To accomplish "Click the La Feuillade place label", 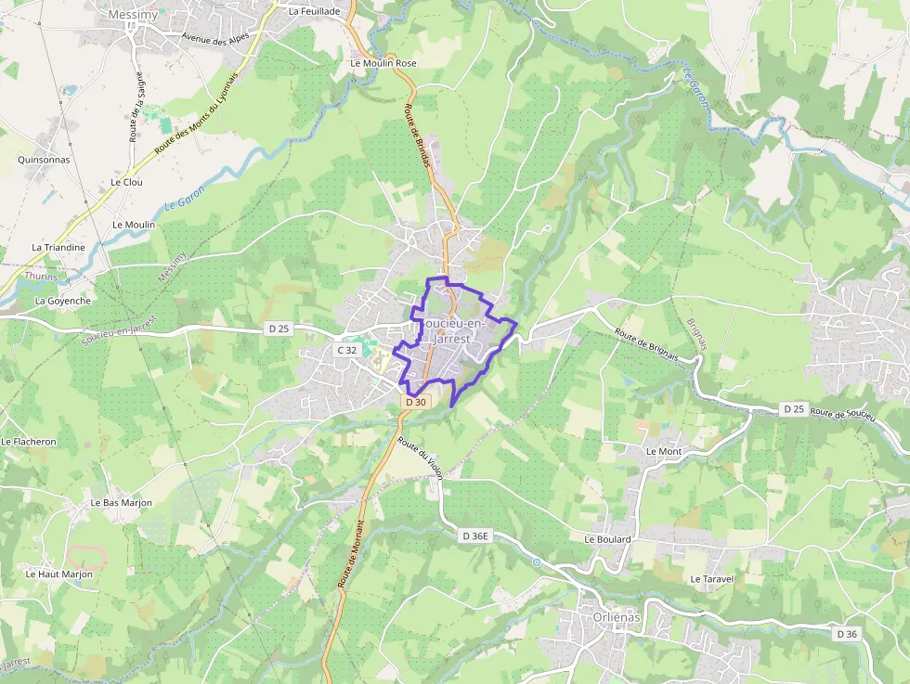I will coord(314,11).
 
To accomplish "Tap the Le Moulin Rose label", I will coord(383,63).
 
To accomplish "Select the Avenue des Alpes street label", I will coord(215,38).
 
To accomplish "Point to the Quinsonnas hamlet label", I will coord(44,159).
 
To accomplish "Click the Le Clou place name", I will coord(126,182).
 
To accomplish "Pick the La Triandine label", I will coord(58,248).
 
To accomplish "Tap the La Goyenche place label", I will coord(63,301).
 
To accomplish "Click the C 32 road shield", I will coord(346,350).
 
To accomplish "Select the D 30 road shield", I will coord(416,402).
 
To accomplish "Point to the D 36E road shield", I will coord(474,536).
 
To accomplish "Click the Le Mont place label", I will coord(663,451).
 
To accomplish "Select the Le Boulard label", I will coord(608,539).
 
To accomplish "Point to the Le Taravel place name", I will coord(712,578).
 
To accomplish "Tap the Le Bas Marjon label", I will coord(121,502).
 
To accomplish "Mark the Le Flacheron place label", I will coord(29,442).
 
